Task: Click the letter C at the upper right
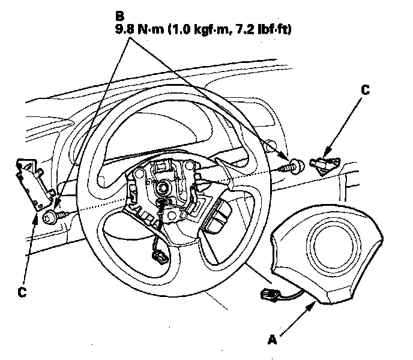(365, 91)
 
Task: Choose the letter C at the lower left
(22, 292)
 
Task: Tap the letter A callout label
(273, 340)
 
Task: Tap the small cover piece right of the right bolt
(325, 163)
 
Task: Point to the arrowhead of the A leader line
(315, 305)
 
